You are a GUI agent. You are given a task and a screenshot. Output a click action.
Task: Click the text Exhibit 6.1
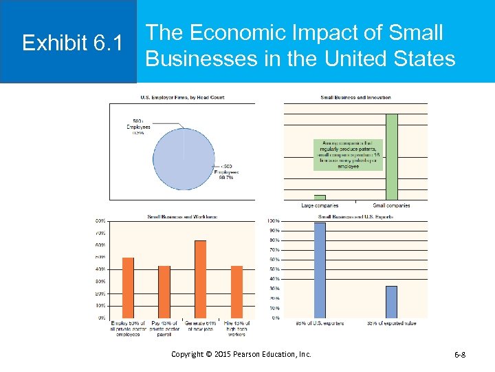pos(72,43)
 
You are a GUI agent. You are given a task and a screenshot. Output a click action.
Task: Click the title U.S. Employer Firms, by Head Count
pos(182,97)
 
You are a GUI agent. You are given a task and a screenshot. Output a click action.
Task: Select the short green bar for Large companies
pos(320,197)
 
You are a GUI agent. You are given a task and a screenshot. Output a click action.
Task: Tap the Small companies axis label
pos(391,205)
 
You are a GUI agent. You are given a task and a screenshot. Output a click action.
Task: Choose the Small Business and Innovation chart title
pos(355,97)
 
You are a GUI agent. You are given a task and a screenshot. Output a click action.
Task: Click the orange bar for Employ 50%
pos(128,287)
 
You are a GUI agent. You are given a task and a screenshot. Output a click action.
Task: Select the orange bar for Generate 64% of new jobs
pos(200,279)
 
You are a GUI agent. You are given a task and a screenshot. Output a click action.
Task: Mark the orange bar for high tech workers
pos(236,291)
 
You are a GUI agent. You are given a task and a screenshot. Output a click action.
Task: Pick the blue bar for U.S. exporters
pos(320,269)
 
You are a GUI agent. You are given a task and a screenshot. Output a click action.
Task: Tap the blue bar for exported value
pos(391,301)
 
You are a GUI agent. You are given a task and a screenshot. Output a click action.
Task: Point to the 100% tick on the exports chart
pos(274,220)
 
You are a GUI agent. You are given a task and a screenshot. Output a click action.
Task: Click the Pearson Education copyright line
pos(241,354)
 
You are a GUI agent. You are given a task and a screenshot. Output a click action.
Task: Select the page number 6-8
pos(460,354)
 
